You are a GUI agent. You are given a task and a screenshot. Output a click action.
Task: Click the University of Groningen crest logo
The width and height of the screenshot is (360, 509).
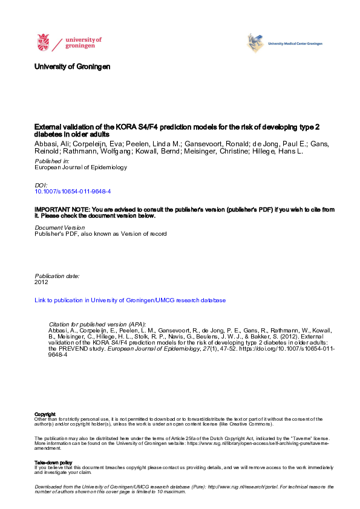(x=44, y=43)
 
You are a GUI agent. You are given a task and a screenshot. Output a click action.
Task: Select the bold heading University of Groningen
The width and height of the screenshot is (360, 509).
(x=73, y=66)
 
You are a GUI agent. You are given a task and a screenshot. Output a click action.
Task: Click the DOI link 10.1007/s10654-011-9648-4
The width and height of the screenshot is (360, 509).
(x=73, y=191)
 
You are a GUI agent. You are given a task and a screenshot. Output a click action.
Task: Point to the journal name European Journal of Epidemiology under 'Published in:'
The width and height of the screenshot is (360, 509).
(x=81, y=167)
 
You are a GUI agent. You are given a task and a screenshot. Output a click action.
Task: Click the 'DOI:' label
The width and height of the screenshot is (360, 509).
(x=41, y=184)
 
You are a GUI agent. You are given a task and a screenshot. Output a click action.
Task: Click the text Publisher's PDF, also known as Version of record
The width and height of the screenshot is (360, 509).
(x=100, y=233)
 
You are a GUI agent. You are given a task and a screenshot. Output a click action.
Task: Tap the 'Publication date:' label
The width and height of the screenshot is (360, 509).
(x=57, y=276)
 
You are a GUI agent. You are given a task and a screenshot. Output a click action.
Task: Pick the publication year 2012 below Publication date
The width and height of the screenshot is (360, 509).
(x=41, y=282)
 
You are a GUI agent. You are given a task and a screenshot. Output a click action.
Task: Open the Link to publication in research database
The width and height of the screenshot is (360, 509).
(x=130, y=300)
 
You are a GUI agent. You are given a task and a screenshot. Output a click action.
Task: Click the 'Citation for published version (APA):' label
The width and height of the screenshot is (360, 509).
(x=97, y=324)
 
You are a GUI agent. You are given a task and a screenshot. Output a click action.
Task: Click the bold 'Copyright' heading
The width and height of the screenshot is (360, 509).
(x=44, y=414)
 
